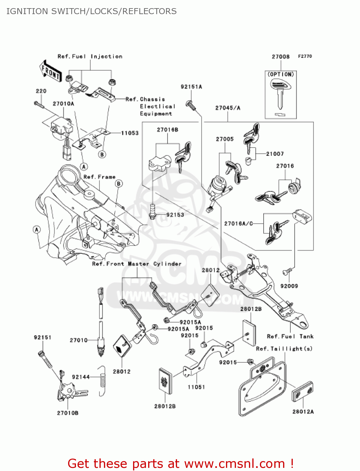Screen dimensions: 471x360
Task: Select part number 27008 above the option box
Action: [281, 57]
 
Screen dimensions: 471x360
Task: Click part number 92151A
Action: [191, 87]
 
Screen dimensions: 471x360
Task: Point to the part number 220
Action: [41, 91]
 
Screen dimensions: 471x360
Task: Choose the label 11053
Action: [130, 133]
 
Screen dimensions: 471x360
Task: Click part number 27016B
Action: [168, 130]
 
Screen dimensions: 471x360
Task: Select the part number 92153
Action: [175, 215]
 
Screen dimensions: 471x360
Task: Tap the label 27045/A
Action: [228, 108]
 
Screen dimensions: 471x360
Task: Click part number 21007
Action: [275, 154]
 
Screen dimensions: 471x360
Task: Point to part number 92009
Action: [289, 286]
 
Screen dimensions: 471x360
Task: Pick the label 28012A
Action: [303, 412]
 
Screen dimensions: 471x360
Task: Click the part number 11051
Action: [196, 387]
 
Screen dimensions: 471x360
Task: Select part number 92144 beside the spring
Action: [81, 377]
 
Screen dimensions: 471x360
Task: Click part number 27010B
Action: [68, 413]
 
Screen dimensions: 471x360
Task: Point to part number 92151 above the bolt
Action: [43, 338]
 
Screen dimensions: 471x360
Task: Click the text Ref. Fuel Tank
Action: [290, 337]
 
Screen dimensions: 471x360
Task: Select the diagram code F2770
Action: [305, 56]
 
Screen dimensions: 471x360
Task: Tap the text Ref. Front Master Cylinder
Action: [137, 264]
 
